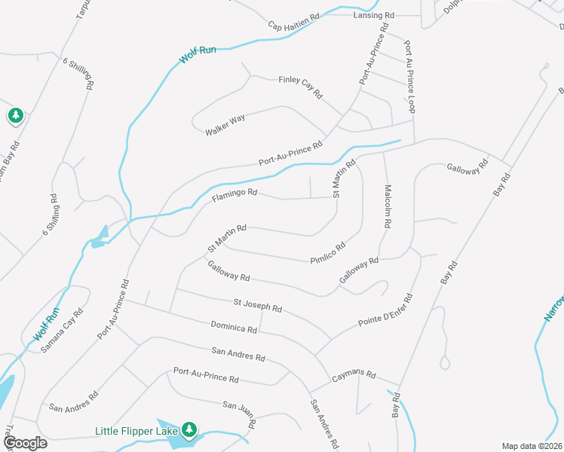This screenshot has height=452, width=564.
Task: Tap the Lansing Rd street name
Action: point(374,15)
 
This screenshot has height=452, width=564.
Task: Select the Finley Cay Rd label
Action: point(300,87)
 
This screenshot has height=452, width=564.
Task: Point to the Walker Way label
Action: point(225,124)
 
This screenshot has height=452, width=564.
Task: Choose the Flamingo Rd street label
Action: point(234,194)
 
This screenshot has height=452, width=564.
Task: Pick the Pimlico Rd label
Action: point(328,252)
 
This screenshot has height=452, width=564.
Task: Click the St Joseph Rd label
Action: point(257,305)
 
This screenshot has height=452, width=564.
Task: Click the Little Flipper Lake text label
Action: point(136,432)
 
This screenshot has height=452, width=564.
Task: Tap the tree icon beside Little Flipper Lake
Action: point(190,430)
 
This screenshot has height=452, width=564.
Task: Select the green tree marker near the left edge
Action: point(15,115)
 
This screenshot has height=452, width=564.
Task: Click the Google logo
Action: point(25,442)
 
